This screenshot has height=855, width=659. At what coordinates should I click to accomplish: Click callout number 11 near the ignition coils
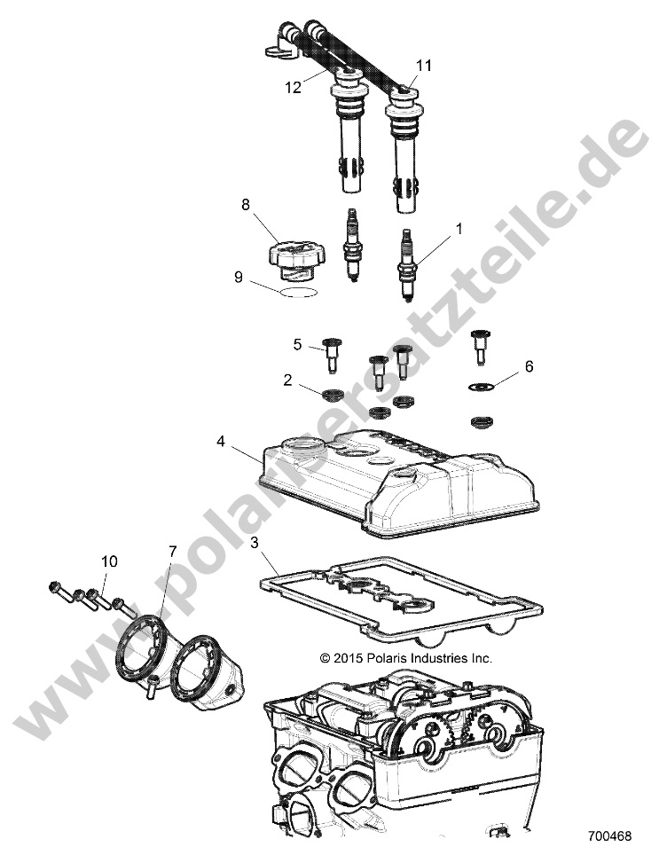pyautogui.click(x=424, y=65)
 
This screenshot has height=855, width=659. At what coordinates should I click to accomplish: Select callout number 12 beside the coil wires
pyautogui.click(x=294, y=88)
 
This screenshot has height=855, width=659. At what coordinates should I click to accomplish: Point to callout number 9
pyautogui.click(x=238, y=278)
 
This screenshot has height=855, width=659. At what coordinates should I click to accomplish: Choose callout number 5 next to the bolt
pyautogui.click(x=298, y=343)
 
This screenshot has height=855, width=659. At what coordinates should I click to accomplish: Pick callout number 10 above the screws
pyautogui.click(x=109, y=561)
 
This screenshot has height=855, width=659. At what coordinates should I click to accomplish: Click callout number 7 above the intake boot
pyautogui.click(x=172, y=552)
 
